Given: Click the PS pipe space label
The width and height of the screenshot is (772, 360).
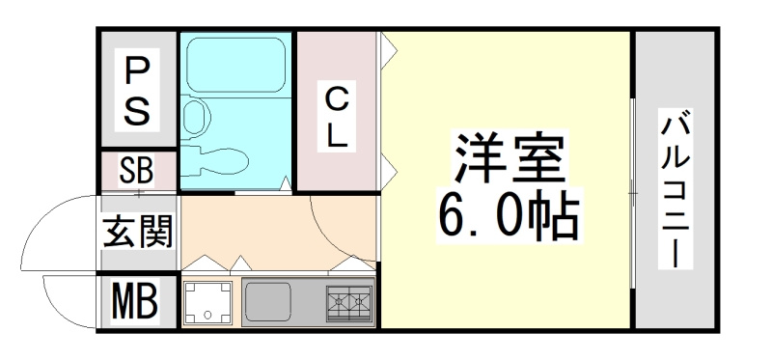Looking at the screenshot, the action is (x=137, y=90).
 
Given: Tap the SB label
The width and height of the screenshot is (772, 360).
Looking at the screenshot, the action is (x=136, y=170).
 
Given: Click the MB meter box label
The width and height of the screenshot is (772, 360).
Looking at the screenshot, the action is (x=134, y=300).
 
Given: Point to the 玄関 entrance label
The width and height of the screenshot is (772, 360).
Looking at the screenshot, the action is (x=137, y=232).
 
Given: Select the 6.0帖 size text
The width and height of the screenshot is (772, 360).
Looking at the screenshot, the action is (x=509, y=215).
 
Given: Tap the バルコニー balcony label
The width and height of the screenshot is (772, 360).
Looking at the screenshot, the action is (x=675, y=188).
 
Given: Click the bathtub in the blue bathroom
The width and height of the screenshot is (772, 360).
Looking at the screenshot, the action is (x=236, y=65).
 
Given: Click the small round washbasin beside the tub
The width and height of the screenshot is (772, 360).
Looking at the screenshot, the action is (x=195, y=116).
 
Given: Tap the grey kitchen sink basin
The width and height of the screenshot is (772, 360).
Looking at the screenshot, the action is (x=268, y=302).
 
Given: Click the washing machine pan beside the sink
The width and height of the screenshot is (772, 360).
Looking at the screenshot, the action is (x=207, y=302).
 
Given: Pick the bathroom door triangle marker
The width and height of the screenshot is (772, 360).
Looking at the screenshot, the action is (x=286, y=183).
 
